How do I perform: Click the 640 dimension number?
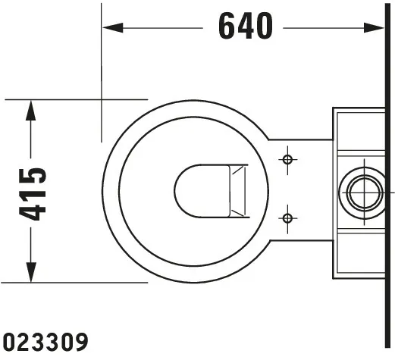[246, 27]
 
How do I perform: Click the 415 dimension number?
[33, 194]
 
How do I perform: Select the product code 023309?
[45, 342]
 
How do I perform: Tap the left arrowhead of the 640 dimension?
[113, 28]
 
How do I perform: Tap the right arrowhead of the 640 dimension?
[374, 28]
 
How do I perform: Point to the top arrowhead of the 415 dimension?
[30, 110]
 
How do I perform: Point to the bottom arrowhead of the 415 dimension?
[30, 272]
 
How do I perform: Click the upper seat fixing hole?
[287, 160]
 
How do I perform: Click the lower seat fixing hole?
[287, 218]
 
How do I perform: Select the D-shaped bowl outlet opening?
[202, 191]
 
